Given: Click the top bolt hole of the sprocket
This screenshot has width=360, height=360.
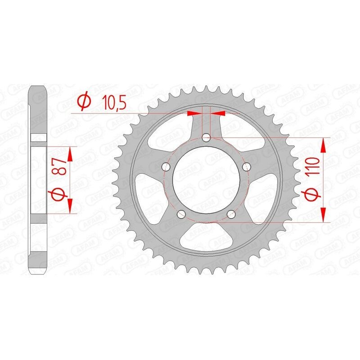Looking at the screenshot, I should pyautogui.click(x=206, y=137).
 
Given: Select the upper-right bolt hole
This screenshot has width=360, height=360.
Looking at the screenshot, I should pyautogui.click(x=246, y=167).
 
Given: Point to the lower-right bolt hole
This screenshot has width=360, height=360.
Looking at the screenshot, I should pyautogui.click(x=231, y=214).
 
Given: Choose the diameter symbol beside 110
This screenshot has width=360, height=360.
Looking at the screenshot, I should pyautogui.click(x=314, y=195).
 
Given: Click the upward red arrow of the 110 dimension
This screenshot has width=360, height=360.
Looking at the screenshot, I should pyautogui.click(x=324, y=146).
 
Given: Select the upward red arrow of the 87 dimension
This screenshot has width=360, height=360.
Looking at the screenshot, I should pyautogui.click(x=70, y=154).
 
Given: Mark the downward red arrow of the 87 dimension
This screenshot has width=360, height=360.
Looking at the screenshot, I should pyautogui.click(x=70, y=205).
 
